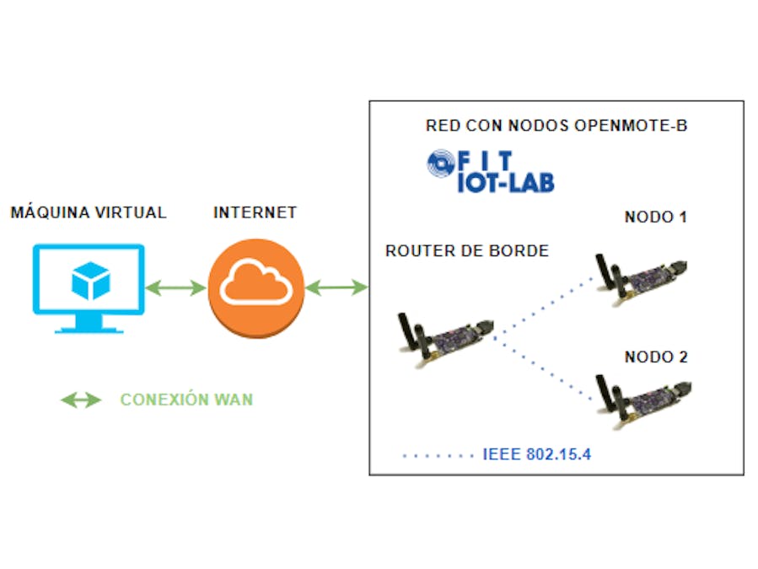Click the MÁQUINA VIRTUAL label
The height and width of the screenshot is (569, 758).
coord(89,212)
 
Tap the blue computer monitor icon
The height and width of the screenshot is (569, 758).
coord(89,287)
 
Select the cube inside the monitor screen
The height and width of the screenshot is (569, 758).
coord(89,281)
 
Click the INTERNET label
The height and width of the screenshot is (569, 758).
coord(255,212)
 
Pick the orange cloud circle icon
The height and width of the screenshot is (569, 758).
coord(256,287)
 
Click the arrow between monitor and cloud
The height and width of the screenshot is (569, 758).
coord(175,288)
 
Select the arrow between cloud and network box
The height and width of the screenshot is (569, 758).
coord(336,288)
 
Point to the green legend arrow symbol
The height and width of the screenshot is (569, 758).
coord(81,400)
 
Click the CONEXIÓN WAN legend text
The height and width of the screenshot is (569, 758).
coord(186,400)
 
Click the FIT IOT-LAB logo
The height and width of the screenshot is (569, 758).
coord(491,171)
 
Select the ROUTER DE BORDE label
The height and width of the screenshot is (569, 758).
coord(466,250)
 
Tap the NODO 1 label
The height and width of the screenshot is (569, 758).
coord(655,217)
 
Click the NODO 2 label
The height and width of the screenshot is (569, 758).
coord(655,357)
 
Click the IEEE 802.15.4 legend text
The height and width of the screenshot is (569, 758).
coord(537,454)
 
